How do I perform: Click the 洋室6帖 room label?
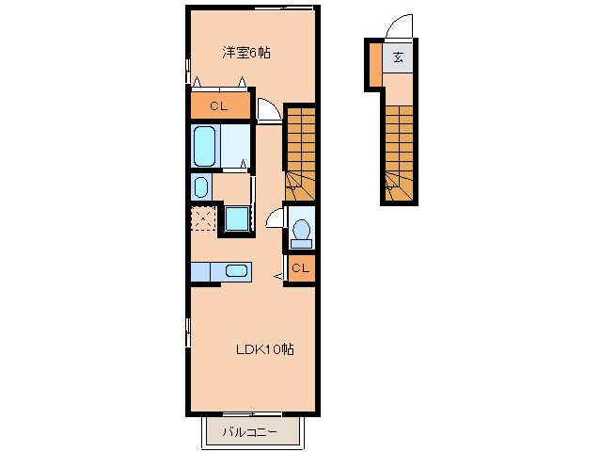246,54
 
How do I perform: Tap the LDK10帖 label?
264,349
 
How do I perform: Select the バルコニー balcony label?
249,433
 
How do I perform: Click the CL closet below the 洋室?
220,106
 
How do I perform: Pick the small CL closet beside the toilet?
300,269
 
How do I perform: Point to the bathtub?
205,146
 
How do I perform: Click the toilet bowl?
302,230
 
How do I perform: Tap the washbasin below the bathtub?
201,186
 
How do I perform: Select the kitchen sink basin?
236,271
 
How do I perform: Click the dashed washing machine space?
203,218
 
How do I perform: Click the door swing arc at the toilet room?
275,218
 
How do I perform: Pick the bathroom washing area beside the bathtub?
237,146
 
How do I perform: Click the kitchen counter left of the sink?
206,271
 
